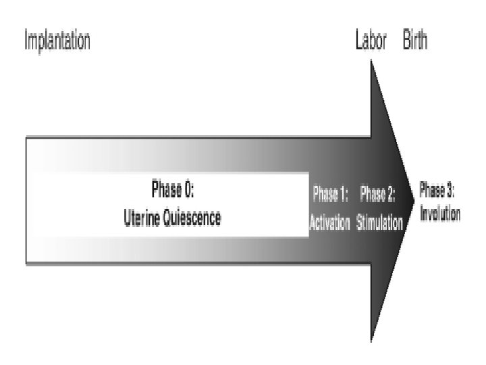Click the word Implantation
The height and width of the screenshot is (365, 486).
tap(57, 42)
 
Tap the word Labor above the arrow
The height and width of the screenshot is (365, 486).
tap(371, 42)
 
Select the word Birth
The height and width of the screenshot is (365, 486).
tap(415, 42)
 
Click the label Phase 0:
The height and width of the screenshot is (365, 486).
tap(173, 191)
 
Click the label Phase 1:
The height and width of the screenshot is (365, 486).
tap(330, 196)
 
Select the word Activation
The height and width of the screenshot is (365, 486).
tap(329, 224)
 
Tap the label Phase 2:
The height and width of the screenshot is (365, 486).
tap(377, 196)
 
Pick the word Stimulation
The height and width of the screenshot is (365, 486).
tap(379, 224)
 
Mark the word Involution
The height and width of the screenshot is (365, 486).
tap(440, 216)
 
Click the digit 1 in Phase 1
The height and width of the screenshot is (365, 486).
tap(343, 196)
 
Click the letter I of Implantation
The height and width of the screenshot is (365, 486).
tap(26, 42)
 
